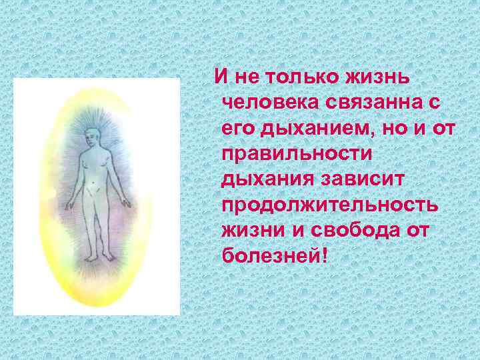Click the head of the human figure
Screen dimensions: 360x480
coord(93,139)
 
